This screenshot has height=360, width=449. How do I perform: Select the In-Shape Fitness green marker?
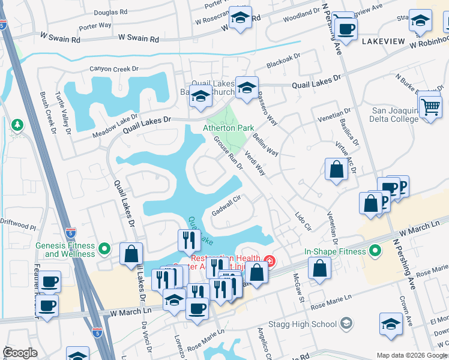376,251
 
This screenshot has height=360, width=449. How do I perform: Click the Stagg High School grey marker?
346,325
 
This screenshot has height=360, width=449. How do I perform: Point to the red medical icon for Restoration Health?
270,260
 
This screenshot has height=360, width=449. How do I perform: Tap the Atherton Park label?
228,128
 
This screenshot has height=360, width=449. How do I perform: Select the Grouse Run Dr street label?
228,153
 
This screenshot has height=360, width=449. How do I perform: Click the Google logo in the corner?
20,353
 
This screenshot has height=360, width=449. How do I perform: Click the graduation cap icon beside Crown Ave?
391,324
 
